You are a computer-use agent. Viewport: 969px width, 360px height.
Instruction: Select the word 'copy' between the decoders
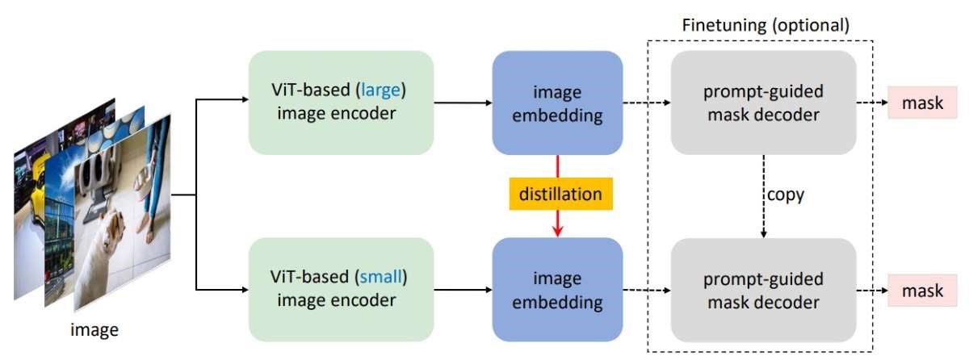click(787, 195)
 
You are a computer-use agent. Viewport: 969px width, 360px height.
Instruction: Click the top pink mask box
click(923, 103)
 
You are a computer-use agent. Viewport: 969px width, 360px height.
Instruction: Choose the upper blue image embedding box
click(557, 103)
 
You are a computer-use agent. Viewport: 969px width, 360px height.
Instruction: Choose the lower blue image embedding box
click(557, 291)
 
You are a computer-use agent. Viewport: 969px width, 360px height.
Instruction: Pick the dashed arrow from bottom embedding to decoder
click(646, 291)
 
